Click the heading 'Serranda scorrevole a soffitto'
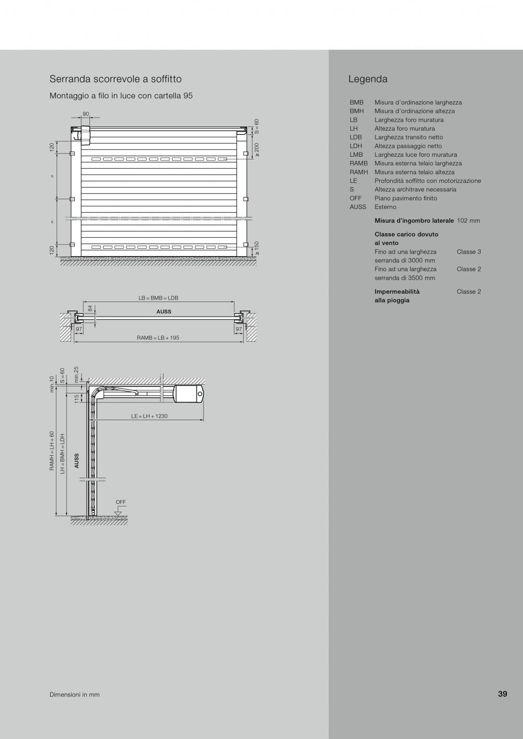click(116, 79)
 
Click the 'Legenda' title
click(368, 79)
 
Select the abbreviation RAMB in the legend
click(359, 163)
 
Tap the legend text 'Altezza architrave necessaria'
click(415, 189)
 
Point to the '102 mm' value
click(468, 221)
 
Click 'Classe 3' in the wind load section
click(469, 251)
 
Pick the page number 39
click(502, 694)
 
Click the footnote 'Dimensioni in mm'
click(74, 695)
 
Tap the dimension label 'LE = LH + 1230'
click(150, 417)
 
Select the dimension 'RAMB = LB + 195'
click(158, 338)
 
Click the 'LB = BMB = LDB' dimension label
click(158, 298)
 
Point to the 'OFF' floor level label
click(121, 502)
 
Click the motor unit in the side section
click(188, 394)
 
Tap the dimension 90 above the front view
click(86, 114)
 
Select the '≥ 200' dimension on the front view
click(257, 151)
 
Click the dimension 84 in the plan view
click(90, 309)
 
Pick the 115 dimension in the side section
click(76, 399)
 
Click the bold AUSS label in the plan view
click(164, 311)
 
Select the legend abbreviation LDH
click(356, 146)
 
